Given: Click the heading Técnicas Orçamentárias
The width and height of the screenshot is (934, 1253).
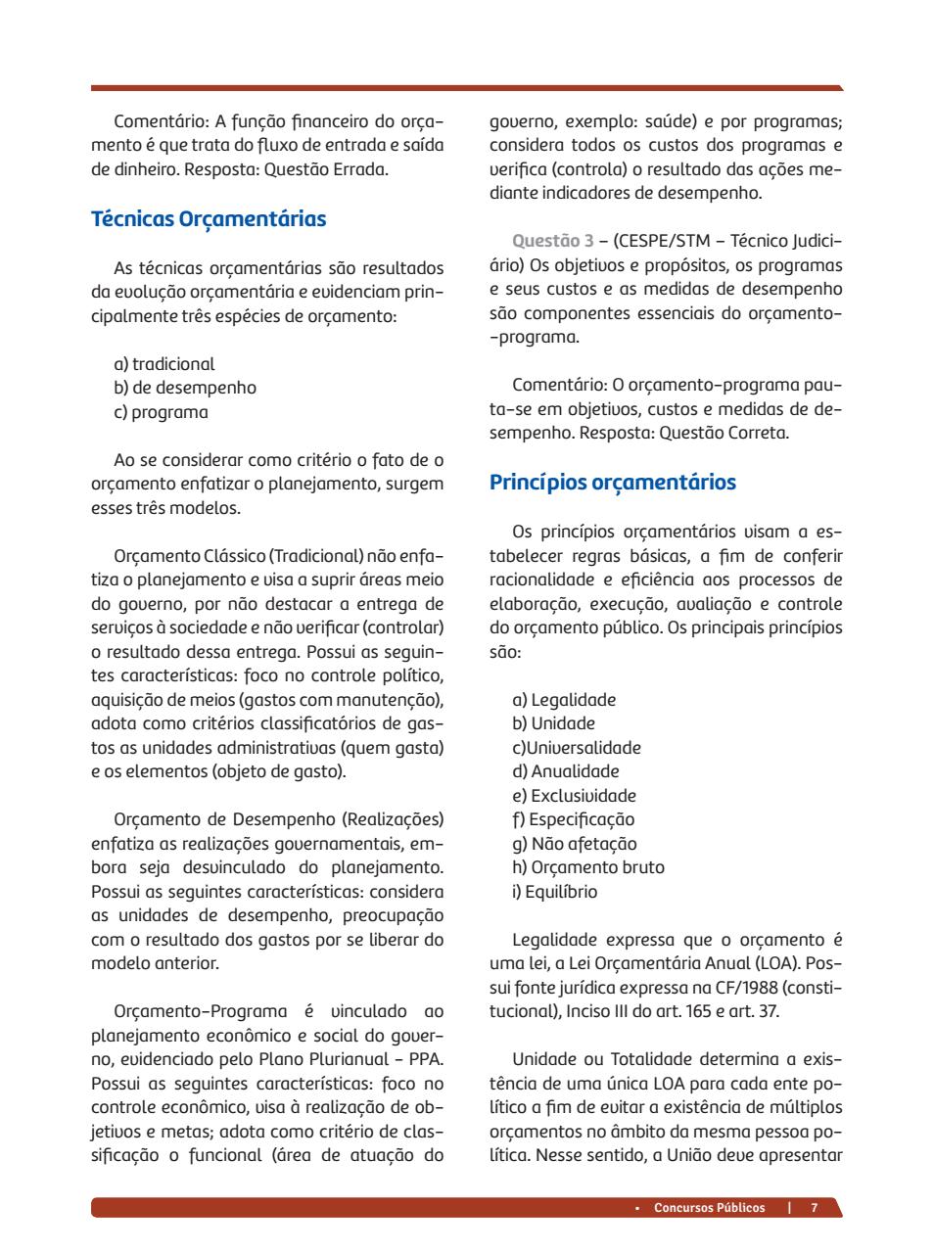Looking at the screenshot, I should tap(209, 218).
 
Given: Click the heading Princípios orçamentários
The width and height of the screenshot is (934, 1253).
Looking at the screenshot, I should tap(613, 483).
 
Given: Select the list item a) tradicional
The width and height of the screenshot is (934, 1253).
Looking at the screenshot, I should tap(164, 364).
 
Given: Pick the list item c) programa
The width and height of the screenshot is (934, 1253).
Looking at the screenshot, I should tap(162, 412).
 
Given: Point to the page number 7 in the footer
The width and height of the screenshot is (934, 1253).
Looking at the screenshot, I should tap(814, 1207).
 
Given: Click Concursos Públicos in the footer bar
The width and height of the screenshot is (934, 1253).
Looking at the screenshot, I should tap(709, 1207).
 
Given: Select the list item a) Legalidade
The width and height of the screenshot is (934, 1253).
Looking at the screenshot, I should tap(564, 700).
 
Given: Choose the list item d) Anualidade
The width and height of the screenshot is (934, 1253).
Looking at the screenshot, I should tap(566, 771).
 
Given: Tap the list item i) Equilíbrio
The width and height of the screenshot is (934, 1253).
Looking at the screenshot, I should tap(554, 892).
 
